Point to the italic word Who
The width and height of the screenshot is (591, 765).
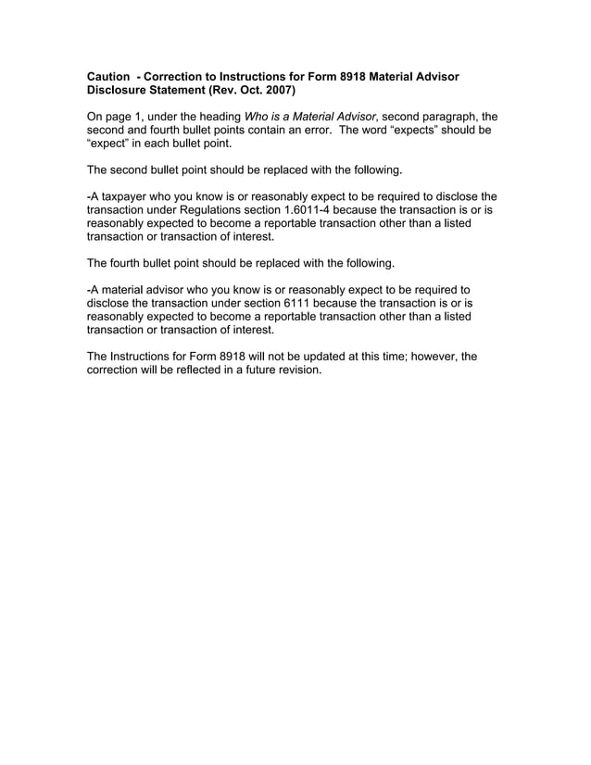click(257, 118)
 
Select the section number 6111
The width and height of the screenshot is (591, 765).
click(305, 303)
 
